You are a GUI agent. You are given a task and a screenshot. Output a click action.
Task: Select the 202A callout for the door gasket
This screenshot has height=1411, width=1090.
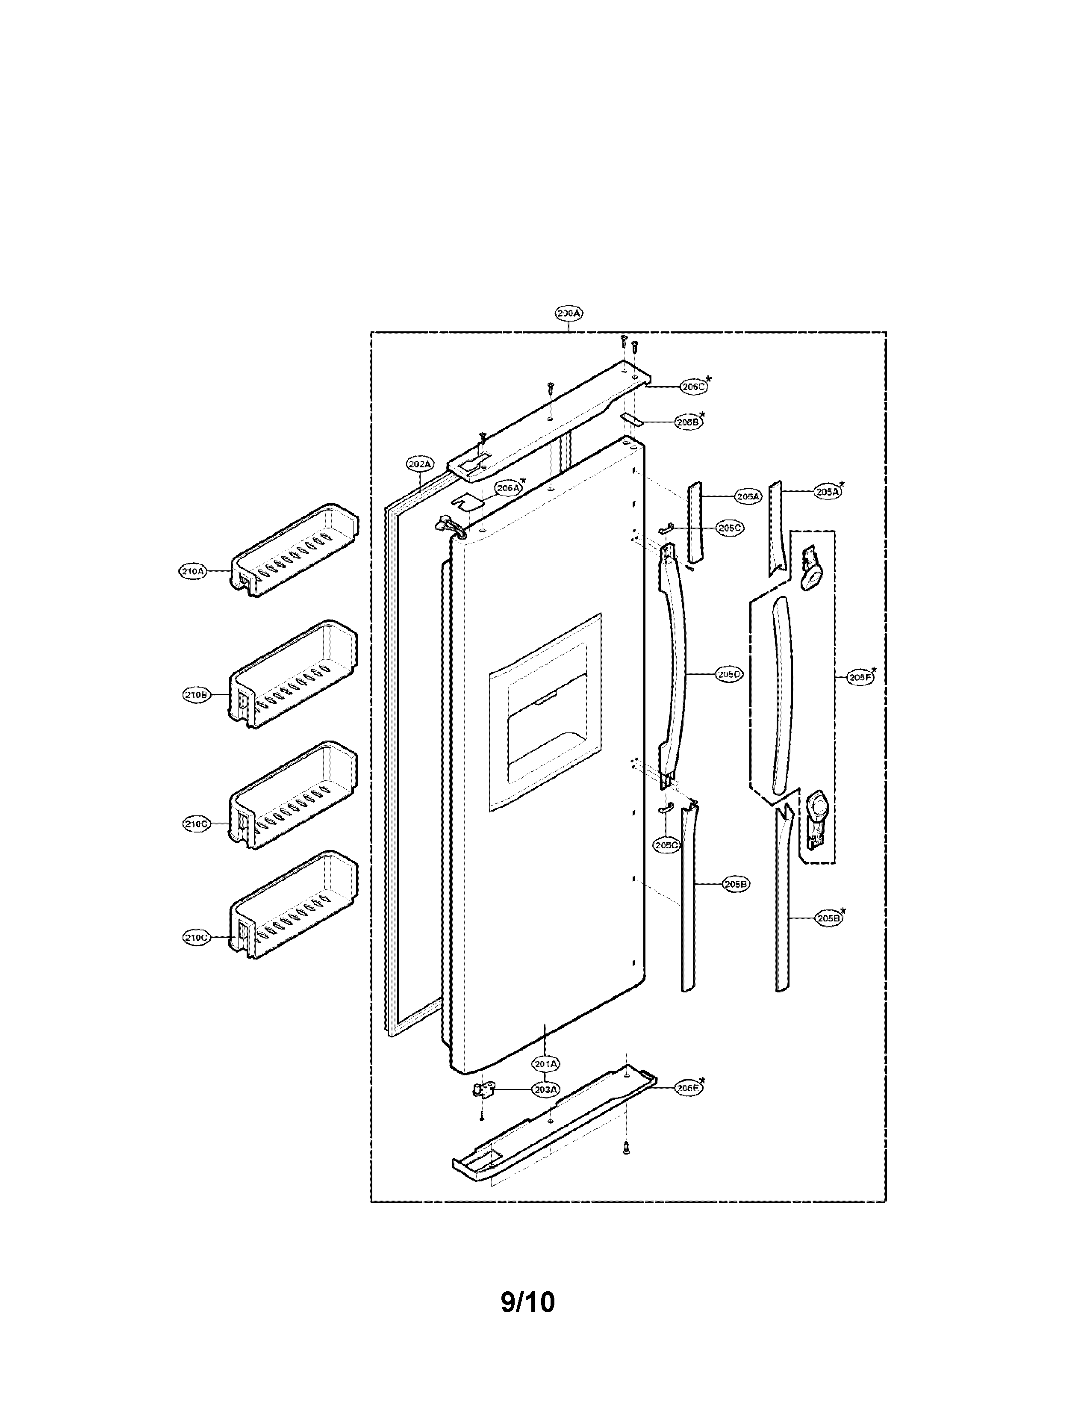(x=420, y=464)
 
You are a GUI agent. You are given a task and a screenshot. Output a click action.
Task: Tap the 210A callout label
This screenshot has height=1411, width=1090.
(x=192, y=571)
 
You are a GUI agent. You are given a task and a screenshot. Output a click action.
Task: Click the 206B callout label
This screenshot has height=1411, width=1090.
(x=688, y=422)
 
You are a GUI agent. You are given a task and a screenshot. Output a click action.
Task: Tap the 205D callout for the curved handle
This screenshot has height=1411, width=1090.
(x=730, y=674)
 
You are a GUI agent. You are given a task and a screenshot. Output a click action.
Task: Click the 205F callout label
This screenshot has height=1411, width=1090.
(x=860, y=678)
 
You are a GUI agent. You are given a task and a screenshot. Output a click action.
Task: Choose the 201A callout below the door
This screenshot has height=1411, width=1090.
(x=546, y=1063)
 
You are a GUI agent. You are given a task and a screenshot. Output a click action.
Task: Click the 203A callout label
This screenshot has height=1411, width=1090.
(x=546, y=1090)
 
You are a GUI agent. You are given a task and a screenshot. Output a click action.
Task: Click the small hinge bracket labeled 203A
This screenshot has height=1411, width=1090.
(x=481, y=1091)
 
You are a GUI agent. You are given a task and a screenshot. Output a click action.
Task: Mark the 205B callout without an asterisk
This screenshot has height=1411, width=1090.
(x=736, y=885)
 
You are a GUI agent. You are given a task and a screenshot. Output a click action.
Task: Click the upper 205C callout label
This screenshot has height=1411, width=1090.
(x=730, y=528)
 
